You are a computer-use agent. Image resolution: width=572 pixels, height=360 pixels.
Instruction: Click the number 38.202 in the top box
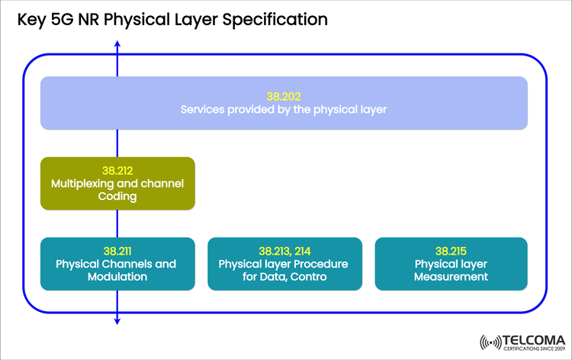(x=284, y=97)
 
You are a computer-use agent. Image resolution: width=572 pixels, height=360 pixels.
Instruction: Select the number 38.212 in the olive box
(x=117, y=170)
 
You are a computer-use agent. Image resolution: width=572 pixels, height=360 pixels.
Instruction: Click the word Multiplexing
(x=85, y=184)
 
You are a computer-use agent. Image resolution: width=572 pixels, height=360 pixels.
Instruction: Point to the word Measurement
(x=450, y=277)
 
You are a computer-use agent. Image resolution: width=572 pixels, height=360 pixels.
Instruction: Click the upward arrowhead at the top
(x=117, y=44)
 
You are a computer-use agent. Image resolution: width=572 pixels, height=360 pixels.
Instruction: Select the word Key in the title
(x=32, y=19)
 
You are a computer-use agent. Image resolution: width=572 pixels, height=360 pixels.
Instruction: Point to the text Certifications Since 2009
(x=534, y=349)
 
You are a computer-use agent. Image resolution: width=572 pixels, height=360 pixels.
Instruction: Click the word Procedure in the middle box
(x=320, y=264)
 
